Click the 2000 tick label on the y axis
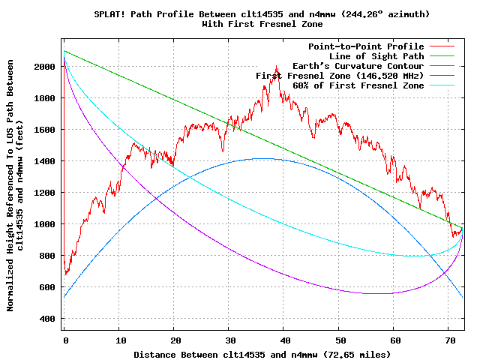pyautogui.click(x=44, y=67)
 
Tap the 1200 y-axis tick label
pyautogui.click(x=44, y=193)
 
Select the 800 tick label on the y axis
pyautogui.click(x=47, y=256)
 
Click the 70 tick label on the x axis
pyautogui.click(x=448, y=340)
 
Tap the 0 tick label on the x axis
pyautogui.click(x=65, y=340)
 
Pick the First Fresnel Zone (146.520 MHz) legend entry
pyautogui.click(x=340, y=76)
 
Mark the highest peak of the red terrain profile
pyautogui.click(x=277, y=67)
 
